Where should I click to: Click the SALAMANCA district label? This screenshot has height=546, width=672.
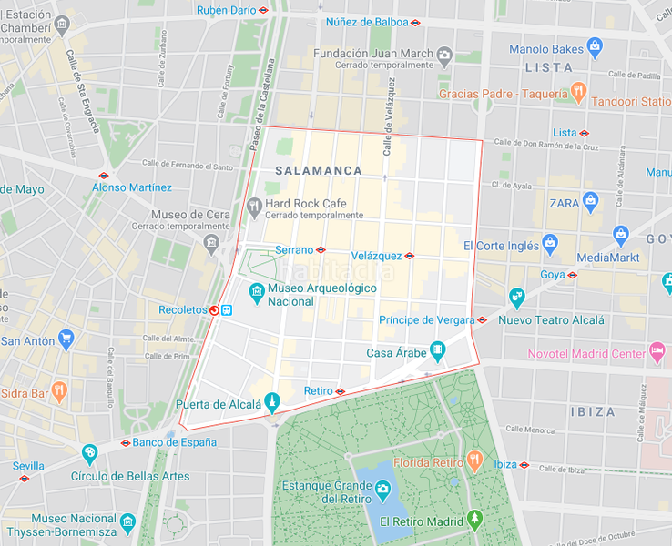318,171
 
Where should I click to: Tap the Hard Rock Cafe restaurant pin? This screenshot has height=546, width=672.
254,207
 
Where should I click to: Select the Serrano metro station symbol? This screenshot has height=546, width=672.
321,249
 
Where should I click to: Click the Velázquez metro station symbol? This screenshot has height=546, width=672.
409,257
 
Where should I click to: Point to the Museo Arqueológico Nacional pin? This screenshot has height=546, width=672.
257,293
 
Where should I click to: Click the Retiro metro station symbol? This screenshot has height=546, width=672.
340,391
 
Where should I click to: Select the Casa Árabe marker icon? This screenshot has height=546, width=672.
438,351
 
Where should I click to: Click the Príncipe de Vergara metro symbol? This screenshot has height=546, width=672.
482,319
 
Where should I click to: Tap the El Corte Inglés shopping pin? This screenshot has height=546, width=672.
550,244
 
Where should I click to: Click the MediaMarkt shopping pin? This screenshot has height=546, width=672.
621,237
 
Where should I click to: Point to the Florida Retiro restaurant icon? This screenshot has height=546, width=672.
474,460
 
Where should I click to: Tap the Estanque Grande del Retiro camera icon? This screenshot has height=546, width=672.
382,490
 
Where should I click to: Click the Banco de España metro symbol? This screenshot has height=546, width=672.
126,443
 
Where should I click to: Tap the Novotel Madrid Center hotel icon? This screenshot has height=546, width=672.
657,353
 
